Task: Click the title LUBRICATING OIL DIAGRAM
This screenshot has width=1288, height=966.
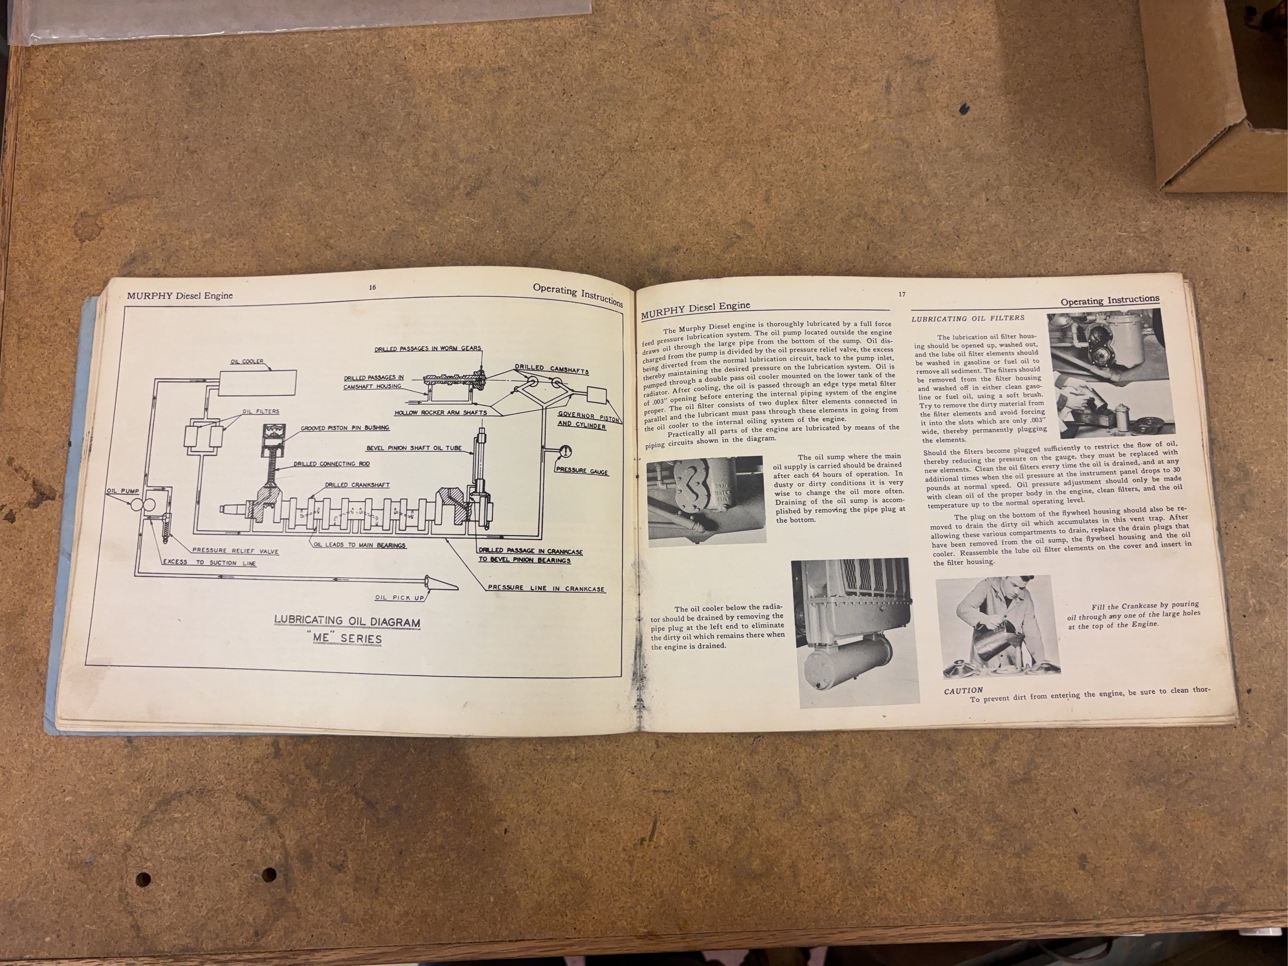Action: click(347, 621)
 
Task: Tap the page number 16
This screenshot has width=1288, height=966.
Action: click(372, 287)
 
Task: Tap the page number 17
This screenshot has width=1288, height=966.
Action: click(901, 294)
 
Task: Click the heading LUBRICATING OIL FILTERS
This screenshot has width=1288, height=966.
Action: click(968, 318)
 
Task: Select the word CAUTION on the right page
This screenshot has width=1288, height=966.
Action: click(963, 690)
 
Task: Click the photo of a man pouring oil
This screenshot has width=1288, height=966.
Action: click(997, 625)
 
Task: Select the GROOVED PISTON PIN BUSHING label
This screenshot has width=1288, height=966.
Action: click(345, 428)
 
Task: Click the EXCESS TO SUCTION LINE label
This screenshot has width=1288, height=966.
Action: click(209, 563)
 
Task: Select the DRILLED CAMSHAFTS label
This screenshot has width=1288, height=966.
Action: click(552, 369)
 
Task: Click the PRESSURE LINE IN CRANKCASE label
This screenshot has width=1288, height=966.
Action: click(546, 588)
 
